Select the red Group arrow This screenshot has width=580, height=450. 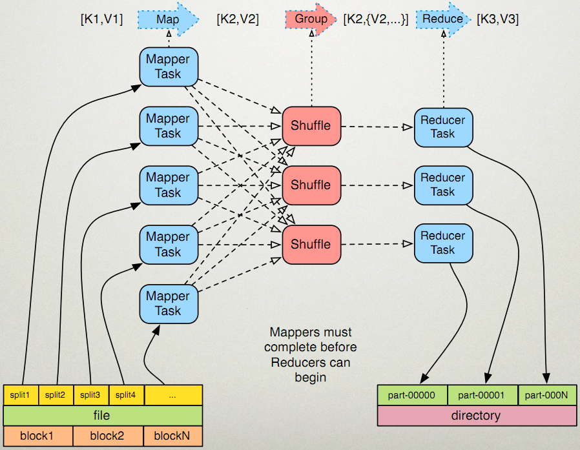point(311,19)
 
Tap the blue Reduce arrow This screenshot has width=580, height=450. point(443,19)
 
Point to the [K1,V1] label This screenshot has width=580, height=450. point(101,19)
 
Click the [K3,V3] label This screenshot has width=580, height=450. point(497,19)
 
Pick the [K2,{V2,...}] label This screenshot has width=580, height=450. point(376,19)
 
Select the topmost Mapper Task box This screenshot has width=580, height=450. point(168,66)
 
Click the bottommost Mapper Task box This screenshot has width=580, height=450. point(168,303)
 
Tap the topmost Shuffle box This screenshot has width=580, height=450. point(311,126)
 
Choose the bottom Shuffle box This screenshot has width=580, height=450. point(311,244)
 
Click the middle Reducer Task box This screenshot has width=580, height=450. point(443,185)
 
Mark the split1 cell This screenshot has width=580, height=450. point(21,394)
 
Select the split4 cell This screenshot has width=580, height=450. point(126,394)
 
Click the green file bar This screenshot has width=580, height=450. point(103,415)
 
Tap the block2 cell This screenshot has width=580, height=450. point(108,436)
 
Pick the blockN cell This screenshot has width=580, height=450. point(172,436)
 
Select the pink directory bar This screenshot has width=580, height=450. point(477,416)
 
